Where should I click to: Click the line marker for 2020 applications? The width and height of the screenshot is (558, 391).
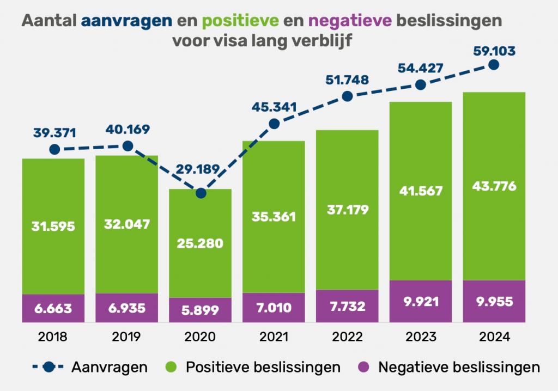[201, 193]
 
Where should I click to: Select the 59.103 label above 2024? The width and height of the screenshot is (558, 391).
[494, 52]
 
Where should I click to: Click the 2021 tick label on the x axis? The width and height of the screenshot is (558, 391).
[274, 336]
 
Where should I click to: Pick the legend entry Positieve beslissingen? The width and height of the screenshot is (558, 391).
[254, 366]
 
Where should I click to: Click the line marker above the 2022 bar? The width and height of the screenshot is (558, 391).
[348, 96]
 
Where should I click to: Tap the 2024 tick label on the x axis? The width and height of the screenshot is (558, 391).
[494, 336]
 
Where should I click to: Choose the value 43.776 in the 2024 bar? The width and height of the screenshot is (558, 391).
[494, 186]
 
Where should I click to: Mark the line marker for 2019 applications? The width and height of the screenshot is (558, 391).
[128, 145]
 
